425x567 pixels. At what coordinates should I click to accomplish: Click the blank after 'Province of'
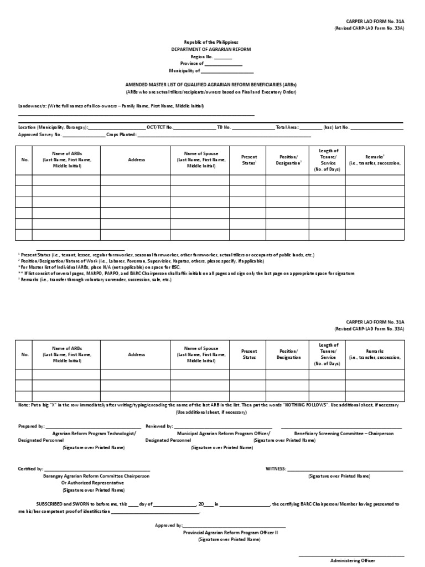point(224,64)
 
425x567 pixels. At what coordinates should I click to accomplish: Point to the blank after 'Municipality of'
point(227,71)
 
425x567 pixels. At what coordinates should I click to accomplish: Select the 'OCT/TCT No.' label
point(160,127)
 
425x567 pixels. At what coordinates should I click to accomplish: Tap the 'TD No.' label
point(224,127)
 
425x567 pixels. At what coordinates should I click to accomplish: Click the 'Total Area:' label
point(287,127)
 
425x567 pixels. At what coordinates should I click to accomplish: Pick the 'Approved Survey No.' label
point(40,135)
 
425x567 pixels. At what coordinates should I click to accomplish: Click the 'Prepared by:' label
point(31,427)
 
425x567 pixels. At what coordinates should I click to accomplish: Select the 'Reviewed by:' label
point(159,427)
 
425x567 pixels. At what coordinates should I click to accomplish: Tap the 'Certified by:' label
point(31,469)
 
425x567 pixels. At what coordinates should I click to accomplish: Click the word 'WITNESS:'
point(276,469)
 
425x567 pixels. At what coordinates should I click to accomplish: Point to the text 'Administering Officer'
point(353,560)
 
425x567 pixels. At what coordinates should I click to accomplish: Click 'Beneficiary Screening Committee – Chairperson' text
point(344,434)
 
